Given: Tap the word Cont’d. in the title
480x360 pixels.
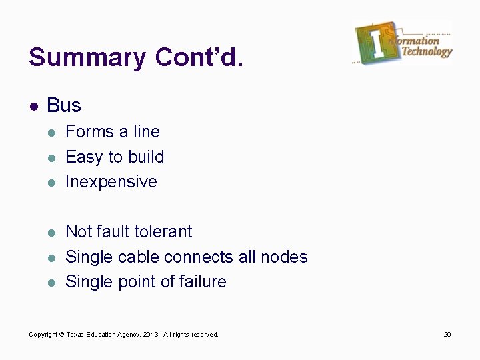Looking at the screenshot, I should (199, 57).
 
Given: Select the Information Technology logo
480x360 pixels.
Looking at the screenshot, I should (403, 43).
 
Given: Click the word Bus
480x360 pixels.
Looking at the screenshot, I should (64, 105).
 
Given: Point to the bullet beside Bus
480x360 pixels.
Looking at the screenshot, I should (33, 106).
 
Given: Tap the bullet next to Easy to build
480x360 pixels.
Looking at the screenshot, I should (53, 158).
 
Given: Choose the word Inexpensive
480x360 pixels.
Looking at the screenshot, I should (111, 182).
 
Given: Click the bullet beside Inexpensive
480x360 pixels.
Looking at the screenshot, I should (53, 183).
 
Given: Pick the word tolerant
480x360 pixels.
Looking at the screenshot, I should (163, 232).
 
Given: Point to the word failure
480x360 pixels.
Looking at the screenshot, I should (203, 282).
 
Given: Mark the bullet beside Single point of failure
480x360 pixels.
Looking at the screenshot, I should (53, 283).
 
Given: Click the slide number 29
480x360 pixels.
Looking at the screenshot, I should (447, 335).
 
